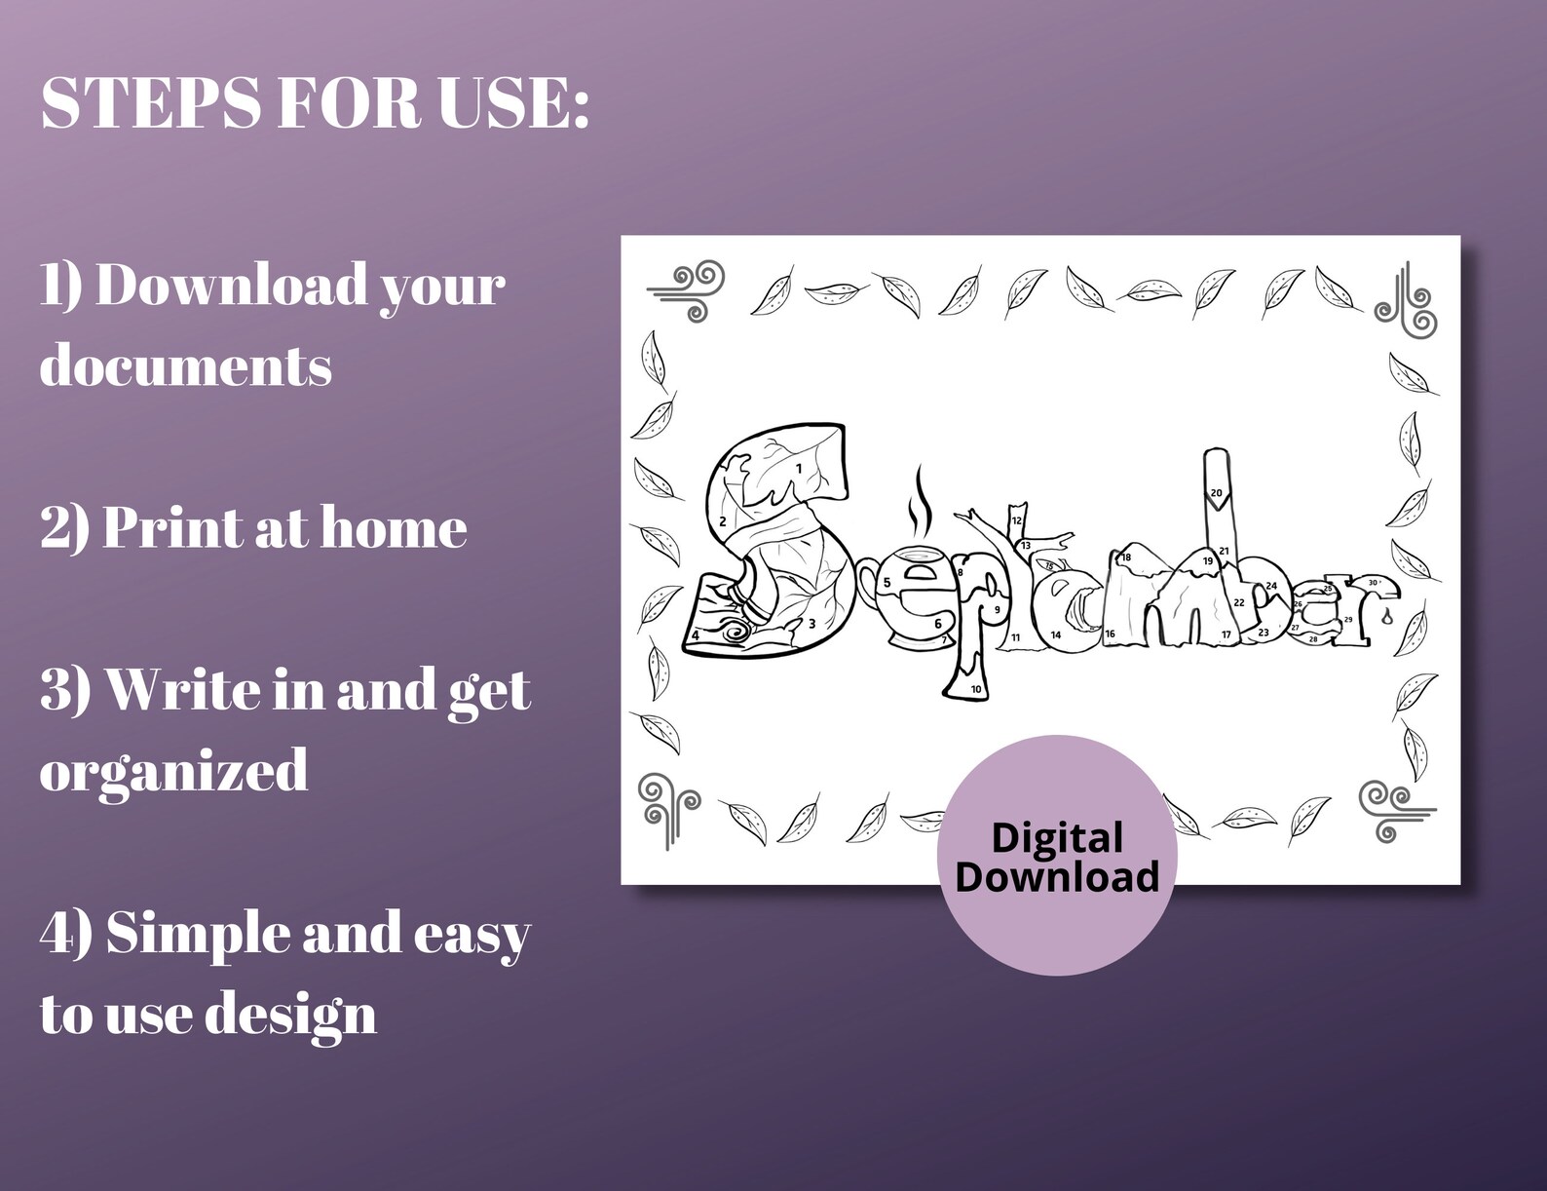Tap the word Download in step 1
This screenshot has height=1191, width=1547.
coord(230,287)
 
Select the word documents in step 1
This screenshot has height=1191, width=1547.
coord(185,366)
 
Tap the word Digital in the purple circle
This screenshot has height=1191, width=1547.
coord(1057,838)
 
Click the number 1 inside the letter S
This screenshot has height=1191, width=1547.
coord(799,469)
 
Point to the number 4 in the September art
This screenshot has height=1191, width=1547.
coord(696,635)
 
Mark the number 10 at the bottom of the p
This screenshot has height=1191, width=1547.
coord(976,690)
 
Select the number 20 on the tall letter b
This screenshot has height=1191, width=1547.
coord(1216,493)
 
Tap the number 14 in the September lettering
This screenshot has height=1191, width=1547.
coord(1055,635)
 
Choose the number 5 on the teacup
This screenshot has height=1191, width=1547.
coord(887,583)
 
